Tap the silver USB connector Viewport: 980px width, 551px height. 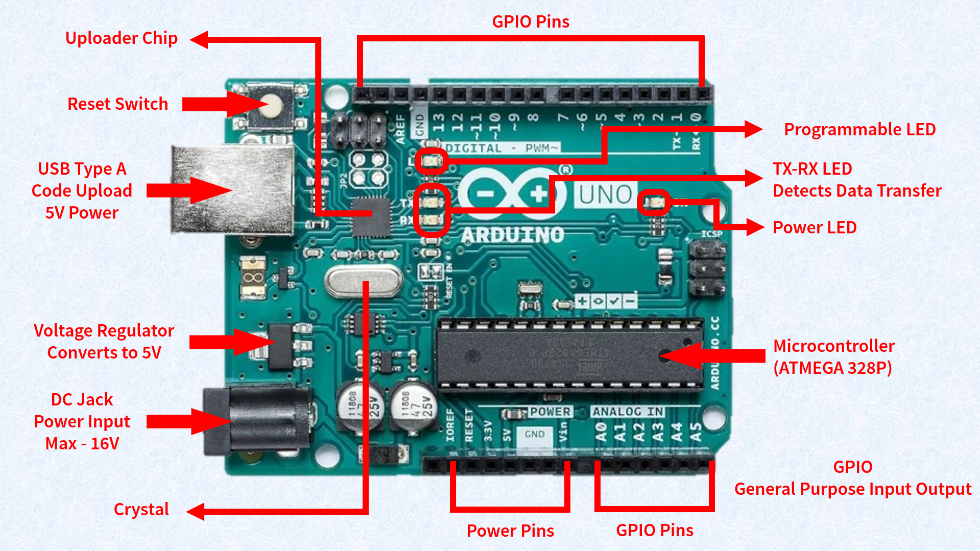click(x=232, y=190)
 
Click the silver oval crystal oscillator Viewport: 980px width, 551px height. click(x=363, y=281)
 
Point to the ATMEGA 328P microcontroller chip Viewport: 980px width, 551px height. click(x=567, y=353)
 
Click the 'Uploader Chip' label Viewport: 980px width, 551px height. click(x=122, y=38)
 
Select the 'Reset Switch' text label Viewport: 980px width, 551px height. click(x=117, y=104)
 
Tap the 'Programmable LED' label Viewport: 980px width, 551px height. click(x=859, y=130)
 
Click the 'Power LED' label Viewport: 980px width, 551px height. click(x=815, y=228)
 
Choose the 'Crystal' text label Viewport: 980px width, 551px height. click(x=141, y=510)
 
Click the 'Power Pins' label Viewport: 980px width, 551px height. click(x=510, y=531)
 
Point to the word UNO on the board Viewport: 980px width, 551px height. click(x=606, y=195)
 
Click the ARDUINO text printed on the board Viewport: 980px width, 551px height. click(x=512, y=235)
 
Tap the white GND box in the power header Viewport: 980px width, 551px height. click(x=534, y=435)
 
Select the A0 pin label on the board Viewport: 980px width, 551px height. click(x=601, y=432)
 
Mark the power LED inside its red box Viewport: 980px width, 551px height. click(x=654, y=203)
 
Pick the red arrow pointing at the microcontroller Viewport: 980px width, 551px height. click(x=715, y=356)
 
